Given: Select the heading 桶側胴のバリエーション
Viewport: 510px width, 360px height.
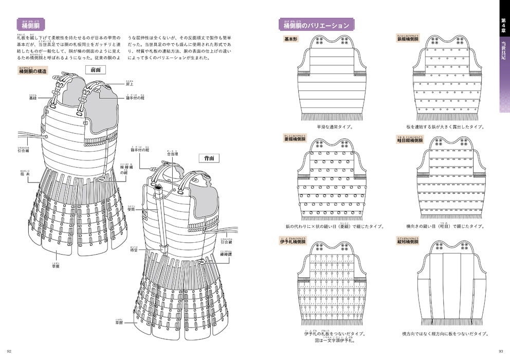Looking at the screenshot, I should click(316, 25).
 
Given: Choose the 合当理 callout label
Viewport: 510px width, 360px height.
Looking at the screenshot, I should click(172, 154).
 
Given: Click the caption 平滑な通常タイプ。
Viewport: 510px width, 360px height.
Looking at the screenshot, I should click(334, 127).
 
